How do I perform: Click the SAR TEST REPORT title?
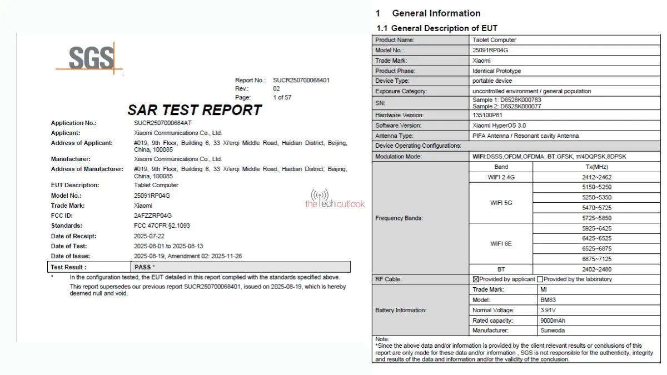(195, 110)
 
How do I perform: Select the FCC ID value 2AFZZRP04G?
(153, 216)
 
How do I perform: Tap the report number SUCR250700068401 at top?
(301, 81)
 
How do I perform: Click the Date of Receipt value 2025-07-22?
(150, 236)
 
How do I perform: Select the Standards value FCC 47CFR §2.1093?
(163, 226)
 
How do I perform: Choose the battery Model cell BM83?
(548, 300)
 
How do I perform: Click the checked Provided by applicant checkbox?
(476, 279)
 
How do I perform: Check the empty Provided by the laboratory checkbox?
(540, 279)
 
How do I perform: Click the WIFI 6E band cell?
(501, 244)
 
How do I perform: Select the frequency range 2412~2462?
(596, 177)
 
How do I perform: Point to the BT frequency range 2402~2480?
(596, 269)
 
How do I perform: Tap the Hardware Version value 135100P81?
(488, 115)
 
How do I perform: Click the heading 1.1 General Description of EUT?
(437, 28)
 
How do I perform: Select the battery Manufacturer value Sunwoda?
(552, 331)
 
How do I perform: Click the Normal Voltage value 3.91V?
(549, 310)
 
